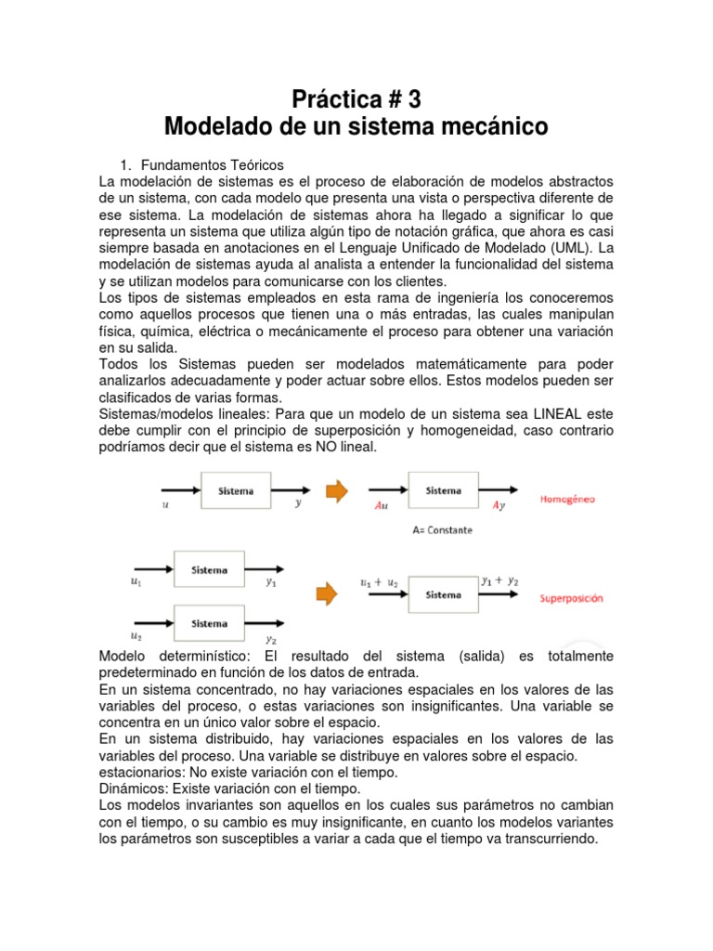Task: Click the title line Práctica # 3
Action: (x=356, y=98)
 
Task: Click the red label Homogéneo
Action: (x=567, y=499)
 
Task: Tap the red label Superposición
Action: (x=571, y=599)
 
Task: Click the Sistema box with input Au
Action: (x=443, y=491)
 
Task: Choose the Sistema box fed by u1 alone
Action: (x=210, y=570)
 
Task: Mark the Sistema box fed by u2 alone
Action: (x=210, y=624)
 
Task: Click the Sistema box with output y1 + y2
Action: (x=442, y=593)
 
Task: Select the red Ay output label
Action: (x=499, y=508)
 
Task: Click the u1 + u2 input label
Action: (x=378, y=582)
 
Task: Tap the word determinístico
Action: (x=198, y=656)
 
